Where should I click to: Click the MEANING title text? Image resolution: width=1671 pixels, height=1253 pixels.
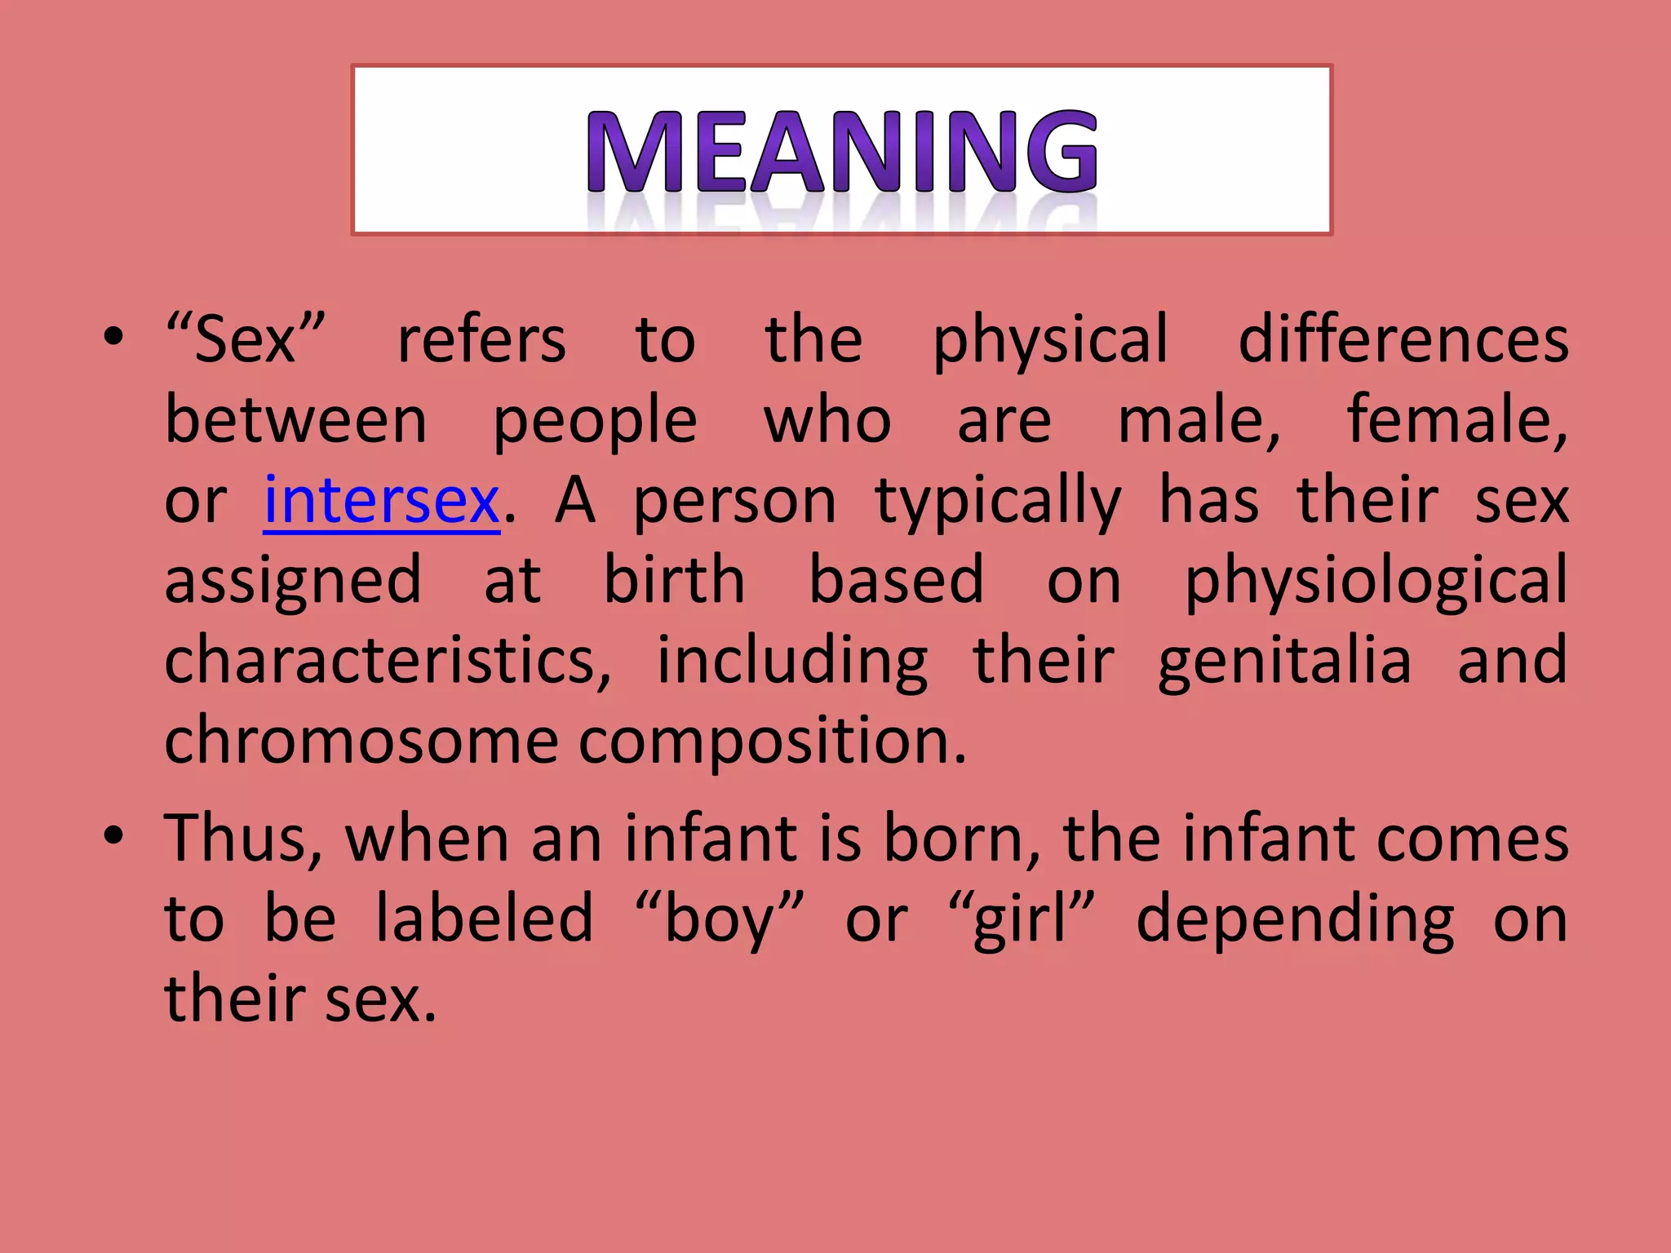coord(842,152)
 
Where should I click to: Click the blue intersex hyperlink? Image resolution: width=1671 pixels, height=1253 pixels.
coord(381,500)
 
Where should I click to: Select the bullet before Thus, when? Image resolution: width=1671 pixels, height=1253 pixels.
coord(113,835)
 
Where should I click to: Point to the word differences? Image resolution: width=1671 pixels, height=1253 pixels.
coord(1403,339)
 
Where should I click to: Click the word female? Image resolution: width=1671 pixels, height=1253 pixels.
coord(1456,420)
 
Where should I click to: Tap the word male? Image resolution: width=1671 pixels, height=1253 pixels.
coord(1199,420)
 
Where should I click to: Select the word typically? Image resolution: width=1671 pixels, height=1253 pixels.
coord(997,502)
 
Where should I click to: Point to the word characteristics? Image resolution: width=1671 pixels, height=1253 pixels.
coord(388,660)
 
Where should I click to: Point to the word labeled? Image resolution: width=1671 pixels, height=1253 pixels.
coord(484,919)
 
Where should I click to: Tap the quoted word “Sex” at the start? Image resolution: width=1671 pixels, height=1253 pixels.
coord(245,339)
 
